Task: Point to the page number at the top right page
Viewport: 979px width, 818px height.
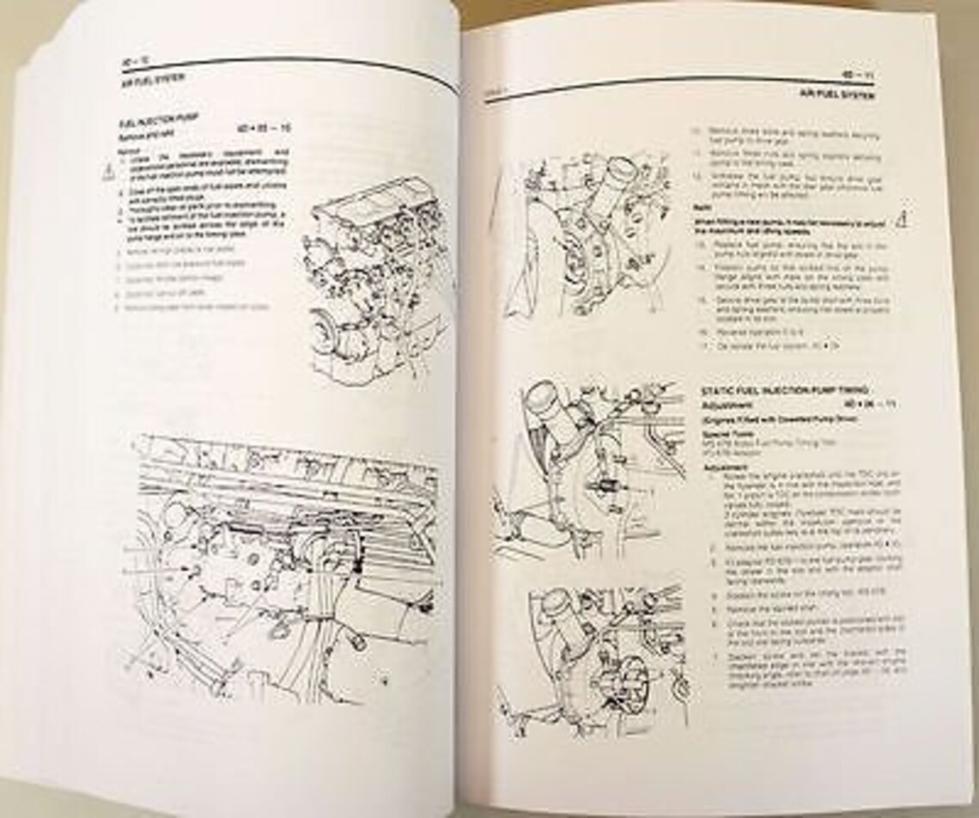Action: pyautogui.click(x=859, y=76)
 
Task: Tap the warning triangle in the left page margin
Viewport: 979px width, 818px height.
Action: pyautogui.click(x=106, y=173)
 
